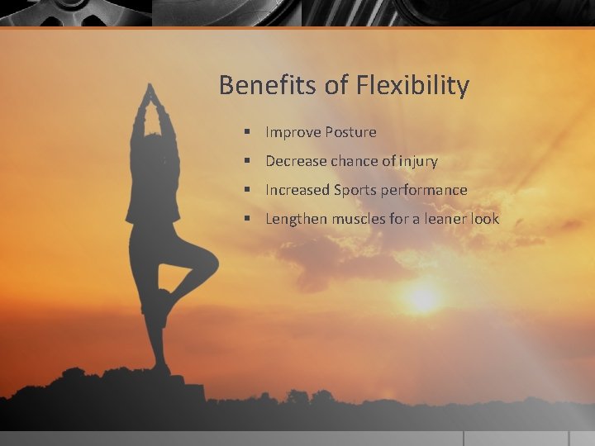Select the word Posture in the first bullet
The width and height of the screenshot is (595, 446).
(350, 132)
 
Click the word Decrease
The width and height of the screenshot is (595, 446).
(296, 161)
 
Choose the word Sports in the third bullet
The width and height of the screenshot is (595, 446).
(355, 190)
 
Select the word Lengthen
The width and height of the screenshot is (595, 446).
(296, 219)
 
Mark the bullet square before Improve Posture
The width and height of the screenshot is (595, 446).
(247, 132)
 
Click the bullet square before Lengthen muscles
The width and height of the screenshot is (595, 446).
(247, 219)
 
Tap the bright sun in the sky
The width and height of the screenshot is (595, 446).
(424, 298)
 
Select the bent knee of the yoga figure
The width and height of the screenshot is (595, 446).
(210, 263)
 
